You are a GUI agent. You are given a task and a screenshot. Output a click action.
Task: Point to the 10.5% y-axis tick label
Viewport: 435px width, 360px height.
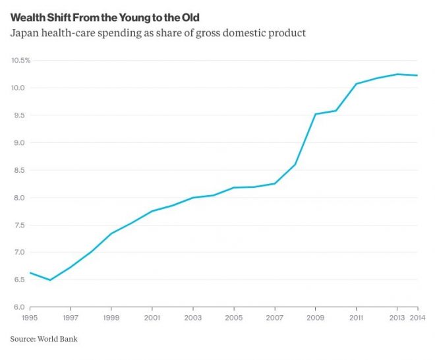coord(20,61)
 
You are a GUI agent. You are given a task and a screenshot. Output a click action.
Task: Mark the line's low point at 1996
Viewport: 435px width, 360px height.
coord(50,280)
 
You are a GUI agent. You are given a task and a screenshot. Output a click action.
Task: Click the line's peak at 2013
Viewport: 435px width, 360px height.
coord(397,74)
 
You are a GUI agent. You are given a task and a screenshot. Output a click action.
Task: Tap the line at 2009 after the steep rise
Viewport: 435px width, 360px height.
coord(316,114)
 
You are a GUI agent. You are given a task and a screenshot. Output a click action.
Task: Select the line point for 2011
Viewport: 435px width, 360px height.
coord(357,84)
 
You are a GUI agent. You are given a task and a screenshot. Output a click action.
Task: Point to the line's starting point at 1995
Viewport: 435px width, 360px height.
coord(30,272)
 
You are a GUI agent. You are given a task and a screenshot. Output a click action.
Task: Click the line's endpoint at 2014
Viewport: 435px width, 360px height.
coord(418,75)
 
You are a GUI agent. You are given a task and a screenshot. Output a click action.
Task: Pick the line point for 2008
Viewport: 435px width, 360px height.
coord(295,164)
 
